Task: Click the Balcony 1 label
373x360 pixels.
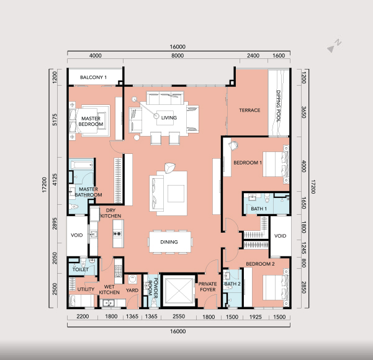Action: [93, 78]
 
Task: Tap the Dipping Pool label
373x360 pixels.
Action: [278, 106]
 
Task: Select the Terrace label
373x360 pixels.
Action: [249, 110]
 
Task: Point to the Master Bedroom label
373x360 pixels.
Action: [91, 122]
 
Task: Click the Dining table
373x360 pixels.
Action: [170, 242]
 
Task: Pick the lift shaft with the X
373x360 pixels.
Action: [179, 290]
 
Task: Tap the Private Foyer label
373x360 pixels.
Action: [208, 287]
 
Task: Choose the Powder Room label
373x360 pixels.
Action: [153, 287]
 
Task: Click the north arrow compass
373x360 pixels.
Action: [335, 46]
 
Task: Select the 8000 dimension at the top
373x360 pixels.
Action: [178, 56]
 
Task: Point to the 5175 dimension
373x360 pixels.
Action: [55, 120]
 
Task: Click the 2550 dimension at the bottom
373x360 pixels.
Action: [179, 317]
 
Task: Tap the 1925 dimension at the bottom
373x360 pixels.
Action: [256, 317]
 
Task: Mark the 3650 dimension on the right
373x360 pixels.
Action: [303, 112]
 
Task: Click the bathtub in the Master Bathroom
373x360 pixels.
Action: [81, 165]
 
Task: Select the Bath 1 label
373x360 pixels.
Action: [259, 209]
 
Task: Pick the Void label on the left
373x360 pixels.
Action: [76, 235]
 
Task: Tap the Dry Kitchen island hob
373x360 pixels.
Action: [117, 233]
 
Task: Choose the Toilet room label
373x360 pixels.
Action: [80, 269]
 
